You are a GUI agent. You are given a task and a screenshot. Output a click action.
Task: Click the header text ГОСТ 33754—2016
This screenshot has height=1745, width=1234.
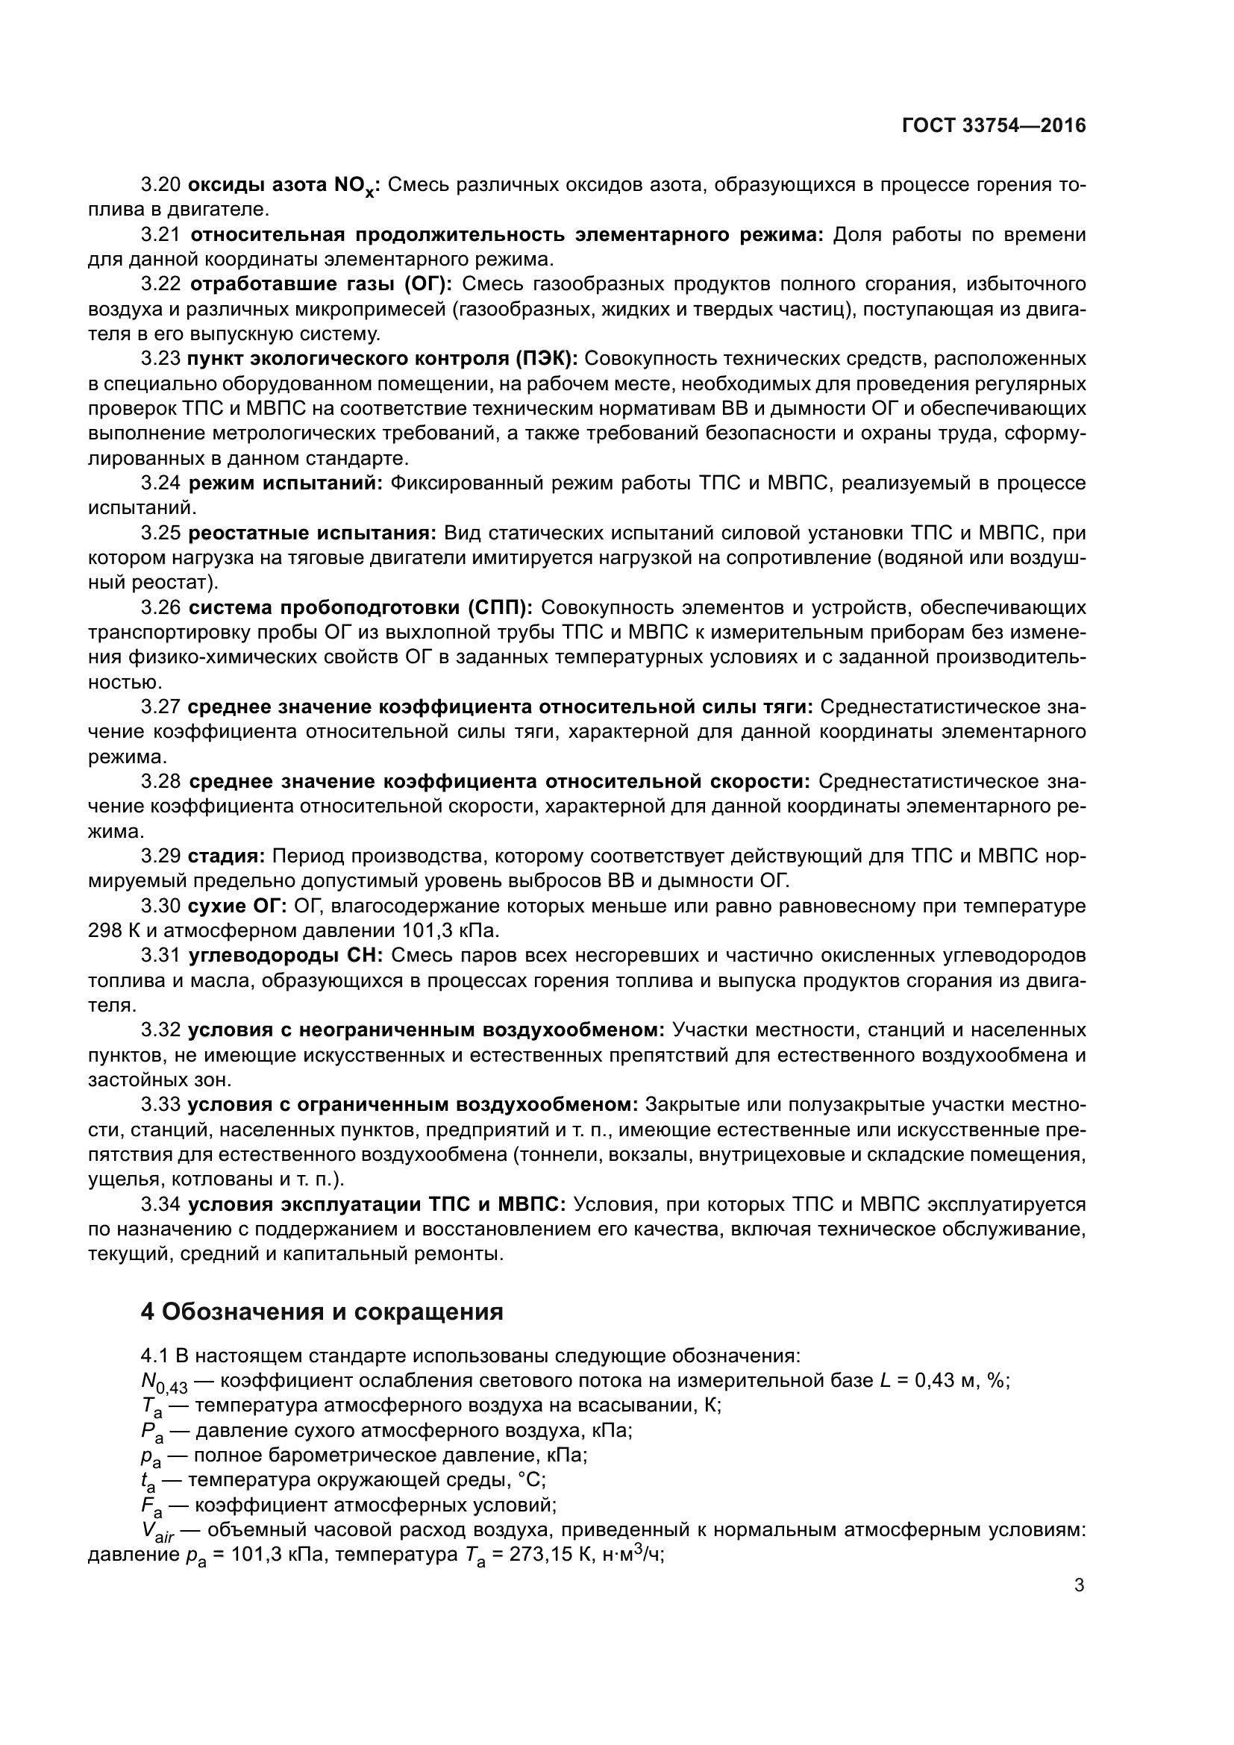coord(994,126)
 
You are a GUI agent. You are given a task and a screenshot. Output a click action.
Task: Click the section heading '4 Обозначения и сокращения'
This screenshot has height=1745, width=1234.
coord(322,1312)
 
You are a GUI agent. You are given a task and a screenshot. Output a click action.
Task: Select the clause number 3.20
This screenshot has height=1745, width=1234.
coord(161,185)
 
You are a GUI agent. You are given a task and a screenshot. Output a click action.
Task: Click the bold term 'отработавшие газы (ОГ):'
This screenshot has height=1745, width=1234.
coord(321,284)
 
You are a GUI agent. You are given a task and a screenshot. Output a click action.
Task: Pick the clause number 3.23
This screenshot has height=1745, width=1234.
coord(161,359)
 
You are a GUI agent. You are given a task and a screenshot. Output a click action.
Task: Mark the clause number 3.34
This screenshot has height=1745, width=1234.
coord(161,1205)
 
